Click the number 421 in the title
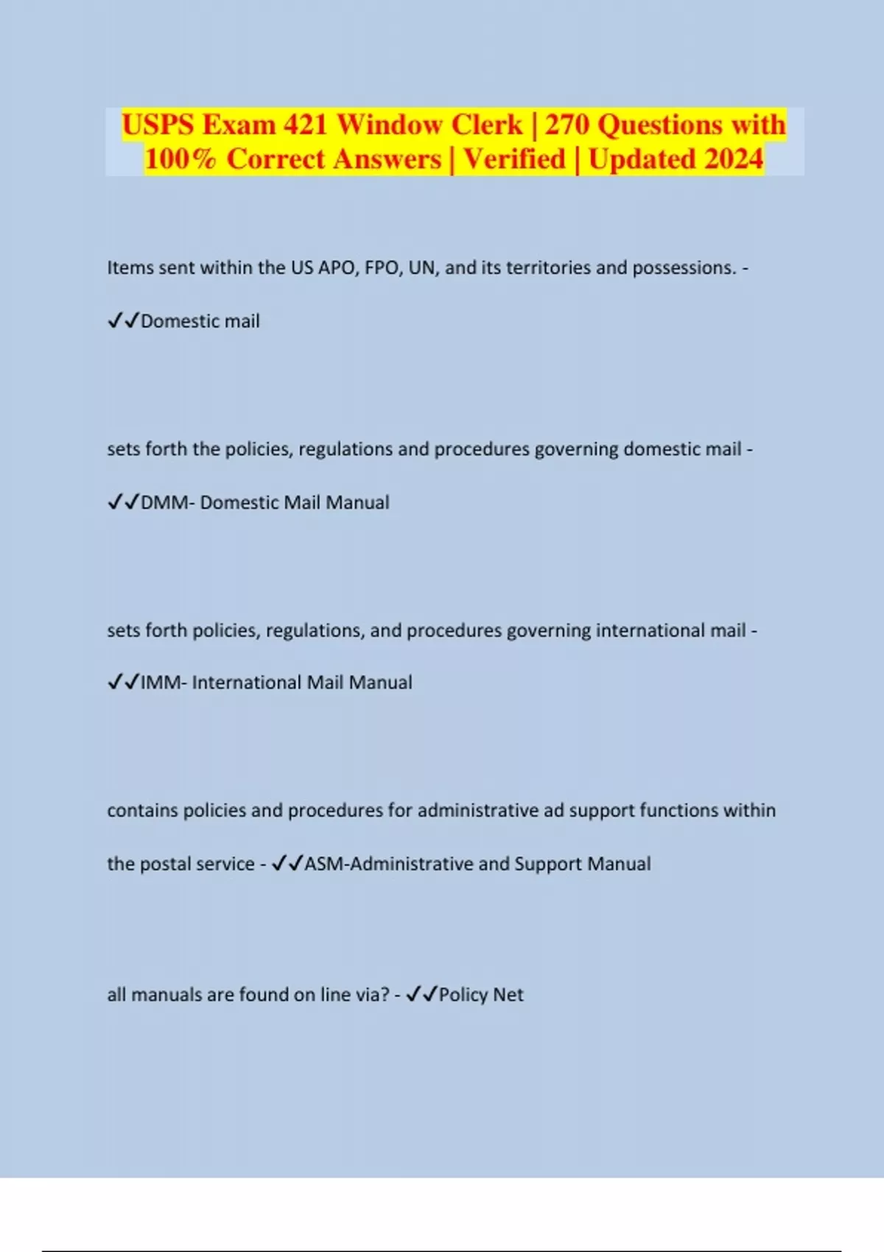point(305,124)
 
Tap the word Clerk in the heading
point(486,124)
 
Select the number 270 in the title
point(567,124)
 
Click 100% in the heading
point(180,159)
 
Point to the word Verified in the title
point(514,159)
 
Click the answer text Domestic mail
point(200,321)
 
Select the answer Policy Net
point(481,995)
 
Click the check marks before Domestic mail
point(123,321)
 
